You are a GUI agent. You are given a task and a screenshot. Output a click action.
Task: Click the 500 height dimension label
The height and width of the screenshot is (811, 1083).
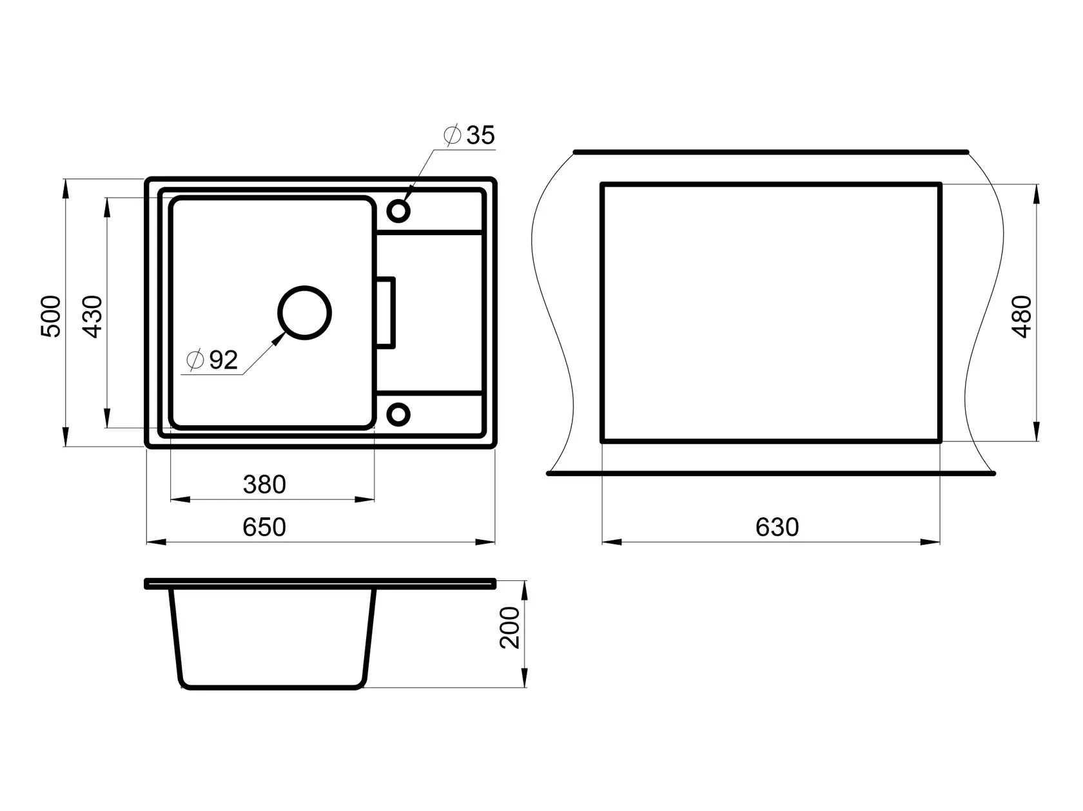(x=50, y=316)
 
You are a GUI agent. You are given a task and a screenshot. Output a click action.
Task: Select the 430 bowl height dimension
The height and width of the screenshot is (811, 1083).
(x=92, y=316)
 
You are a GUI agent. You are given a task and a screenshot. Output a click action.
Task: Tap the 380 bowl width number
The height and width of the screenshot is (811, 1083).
(x=264, y=484)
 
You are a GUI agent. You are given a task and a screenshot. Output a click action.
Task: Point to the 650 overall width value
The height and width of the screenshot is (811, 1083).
(x=264, y=527)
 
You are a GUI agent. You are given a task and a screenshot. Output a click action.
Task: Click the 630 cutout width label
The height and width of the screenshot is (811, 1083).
(x=777, y=527)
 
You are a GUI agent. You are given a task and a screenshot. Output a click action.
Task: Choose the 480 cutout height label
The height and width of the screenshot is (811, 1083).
(x=1021, y=316)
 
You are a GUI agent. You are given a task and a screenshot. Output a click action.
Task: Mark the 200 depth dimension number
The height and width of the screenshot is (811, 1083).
(x=510, y=627)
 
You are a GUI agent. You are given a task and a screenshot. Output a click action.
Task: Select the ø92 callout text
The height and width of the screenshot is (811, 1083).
(x=212, y=359)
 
